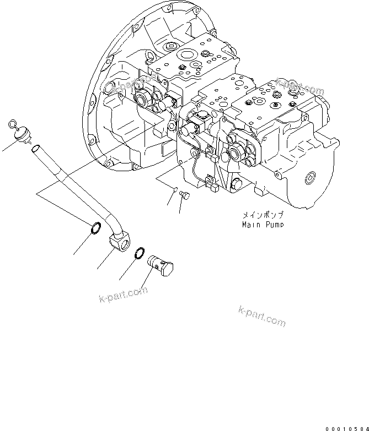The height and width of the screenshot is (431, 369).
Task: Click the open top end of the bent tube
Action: (35, 148)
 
